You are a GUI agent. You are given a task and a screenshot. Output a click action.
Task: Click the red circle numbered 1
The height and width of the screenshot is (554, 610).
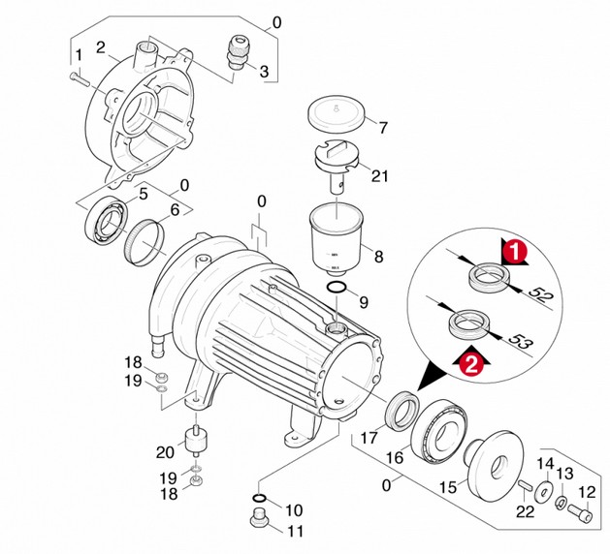tap(515, 252)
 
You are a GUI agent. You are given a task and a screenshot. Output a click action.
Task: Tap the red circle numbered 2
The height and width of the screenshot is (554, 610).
tap(471, 364)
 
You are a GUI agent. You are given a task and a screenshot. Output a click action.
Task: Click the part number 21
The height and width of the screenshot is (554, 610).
tap(380, 176)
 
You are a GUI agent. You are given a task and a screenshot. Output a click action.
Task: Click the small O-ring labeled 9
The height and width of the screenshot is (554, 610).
tap(337, 288)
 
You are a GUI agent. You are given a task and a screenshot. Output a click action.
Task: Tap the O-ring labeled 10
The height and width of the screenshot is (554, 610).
tap(260, 498)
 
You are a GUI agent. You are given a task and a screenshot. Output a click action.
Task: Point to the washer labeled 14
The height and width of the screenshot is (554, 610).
tap(545, 492)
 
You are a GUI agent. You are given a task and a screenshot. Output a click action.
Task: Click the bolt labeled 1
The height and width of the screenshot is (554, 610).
tap(80, 80)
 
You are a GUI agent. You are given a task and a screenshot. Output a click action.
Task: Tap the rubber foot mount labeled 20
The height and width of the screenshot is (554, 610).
tap(195, 442)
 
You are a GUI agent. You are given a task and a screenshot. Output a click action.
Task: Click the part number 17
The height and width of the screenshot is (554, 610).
tap(369, 438)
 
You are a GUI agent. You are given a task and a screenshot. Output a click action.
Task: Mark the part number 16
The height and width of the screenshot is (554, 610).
tap(395, 458)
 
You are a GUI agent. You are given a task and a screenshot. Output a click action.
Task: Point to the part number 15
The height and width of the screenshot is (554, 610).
tap(448, 487)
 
